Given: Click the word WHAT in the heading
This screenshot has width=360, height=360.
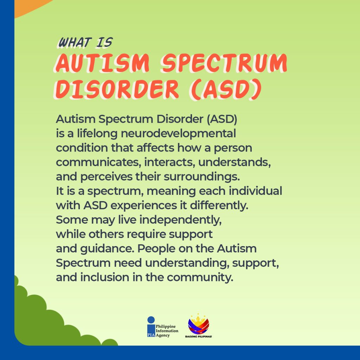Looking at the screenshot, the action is click(x=75, y=43).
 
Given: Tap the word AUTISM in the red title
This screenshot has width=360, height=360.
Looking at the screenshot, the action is click(x=103, y=63).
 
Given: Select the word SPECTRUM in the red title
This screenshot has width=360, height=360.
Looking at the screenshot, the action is click(x=224, y=63).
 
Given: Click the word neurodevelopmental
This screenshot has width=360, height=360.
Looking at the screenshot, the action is click(x=178, y=133).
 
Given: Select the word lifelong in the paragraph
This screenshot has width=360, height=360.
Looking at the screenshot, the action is click(x=97, y=133).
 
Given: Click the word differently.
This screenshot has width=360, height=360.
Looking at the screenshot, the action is click(x=219, y=205).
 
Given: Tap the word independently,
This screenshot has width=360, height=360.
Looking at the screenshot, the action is click(x=180, y=220).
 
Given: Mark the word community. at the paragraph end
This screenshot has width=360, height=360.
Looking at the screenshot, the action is click(x=200, y=278).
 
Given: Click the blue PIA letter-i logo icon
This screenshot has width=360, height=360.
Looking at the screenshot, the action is click(x=151, y=327).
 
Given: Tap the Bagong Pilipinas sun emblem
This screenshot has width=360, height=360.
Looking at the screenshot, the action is click(x=199, y=324).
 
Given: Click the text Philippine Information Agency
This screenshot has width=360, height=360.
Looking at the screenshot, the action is click(x=167, y=331).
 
